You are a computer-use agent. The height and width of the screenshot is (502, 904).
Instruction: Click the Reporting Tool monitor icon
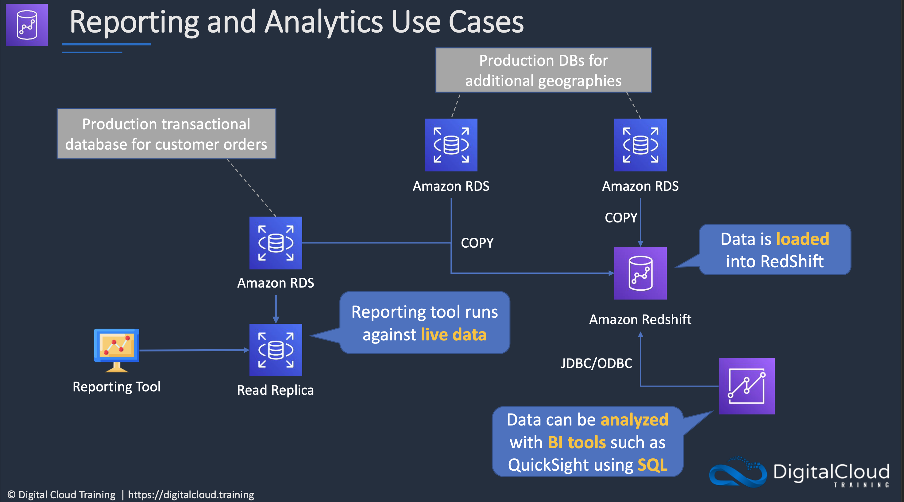[117, 350]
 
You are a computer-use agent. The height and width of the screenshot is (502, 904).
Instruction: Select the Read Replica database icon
[276, 350]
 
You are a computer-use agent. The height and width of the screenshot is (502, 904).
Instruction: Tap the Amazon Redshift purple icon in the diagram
[640, 273]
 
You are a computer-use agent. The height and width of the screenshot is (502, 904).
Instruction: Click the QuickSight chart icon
[747, 386]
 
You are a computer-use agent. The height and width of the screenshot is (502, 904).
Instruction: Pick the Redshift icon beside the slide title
[27, 25]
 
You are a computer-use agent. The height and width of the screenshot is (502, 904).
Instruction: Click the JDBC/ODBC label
[596, 363]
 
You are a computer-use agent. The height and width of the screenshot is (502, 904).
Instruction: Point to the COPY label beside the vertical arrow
[621, 218]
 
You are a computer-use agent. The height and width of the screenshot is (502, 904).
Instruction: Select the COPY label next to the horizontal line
[477, 243]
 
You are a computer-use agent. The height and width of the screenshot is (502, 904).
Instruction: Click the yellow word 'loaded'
[802, 239]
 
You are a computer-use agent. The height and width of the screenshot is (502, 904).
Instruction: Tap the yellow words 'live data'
[454, 335]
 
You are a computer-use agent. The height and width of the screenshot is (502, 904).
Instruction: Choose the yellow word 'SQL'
[652, 465]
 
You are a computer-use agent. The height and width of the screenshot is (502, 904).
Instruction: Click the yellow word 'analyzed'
[635, 420]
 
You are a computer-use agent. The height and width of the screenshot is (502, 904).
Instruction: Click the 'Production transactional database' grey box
[166, 134]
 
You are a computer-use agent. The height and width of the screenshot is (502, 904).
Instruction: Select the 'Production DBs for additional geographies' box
[543, 70]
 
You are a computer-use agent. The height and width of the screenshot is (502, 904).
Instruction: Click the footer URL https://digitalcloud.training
[191, 495]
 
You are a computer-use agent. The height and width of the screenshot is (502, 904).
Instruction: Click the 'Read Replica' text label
[276, 390]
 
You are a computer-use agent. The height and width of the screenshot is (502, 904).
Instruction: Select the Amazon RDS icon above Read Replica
[276, 243]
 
